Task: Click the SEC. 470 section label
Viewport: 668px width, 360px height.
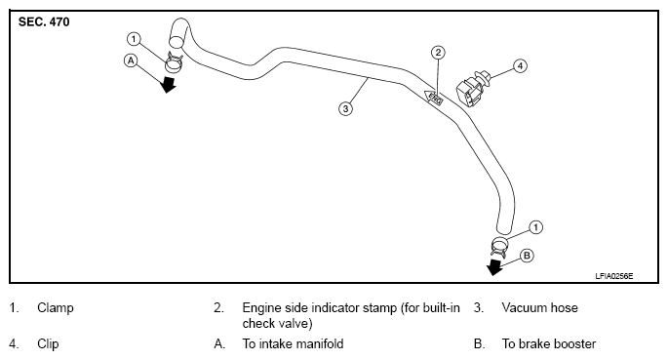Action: tap(44, 22)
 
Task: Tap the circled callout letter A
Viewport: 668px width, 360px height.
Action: tap(131, 60)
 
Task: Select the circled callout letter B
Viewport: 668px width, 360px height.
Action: tap(527, 256)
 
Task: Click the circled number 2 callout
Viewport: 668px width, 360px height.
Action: tap(438, 53)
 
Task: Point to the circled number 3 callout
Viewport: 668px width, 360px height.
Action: tap(345, 108)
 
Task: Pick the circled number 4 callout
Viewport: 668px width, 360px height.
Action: tap(520, 66)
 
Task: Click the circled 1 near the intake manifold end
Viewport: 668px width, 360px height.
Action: tap(134, 39)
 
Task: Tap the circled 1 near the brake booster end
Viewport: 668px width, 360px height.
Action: tap(536, 227)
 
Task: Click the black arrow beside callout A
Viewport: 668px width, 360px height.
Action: tap(168, 84)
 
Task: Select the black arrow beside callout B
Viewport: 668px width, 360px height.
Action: tap(494, 267)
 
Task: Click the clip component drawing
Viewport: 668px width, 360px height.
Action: tap(473, 89)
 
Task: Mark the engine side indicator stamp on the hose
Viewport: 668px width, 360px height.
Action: tap(434, 98)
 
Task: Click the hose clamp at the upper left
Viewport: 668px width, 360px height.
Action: tap(174, 62)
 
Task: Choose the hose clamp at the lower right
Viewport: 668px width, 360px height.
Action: tap(499, 247)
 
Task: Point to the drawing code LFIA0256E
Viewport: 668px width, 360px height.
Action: tap(614, 276)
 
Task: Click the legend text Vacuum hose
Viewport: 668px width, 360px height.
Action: tap(539, 307)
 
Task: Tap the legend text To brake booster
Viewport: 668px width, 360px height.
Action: tap(549, 343)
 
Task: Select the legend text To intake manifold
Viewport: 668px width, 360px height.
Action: tap(293, 343)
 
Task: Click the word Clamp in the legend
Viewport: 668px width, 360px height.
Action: tap(56, 308)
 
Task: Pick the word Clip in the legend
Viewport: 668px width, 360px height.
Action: tap(48, 344)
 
